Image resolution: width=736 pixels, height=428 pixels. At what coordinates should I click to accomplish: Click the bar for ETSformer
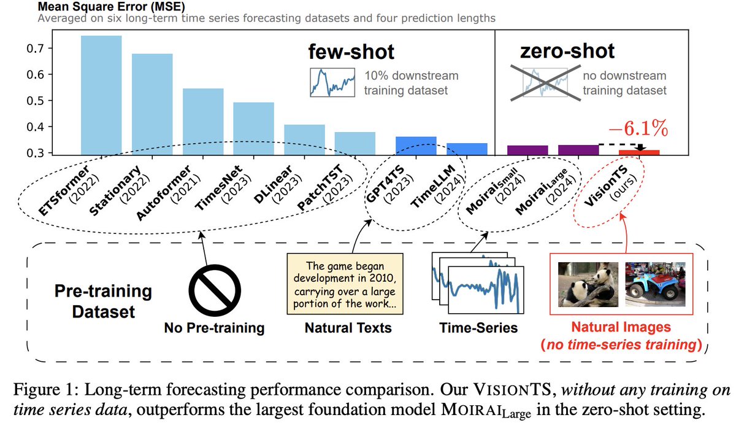coord(101,95)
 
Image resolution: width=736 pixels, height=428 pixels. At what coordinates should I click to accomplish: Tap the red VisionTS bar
coord(638,152)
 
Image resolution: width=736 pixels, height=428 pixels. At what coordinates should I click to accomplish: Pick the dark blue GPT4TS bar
coord(416,145)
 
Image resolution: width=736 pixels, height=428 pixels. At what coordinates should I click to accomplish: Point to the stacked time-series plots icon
coord(478,283)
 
